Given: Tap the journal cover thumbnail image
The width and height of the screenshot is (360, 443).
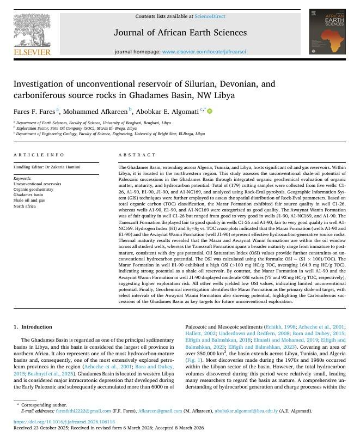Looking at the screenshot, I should (327, 31).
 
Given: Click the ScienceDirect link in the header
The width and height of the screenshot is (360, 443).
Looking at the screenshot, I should (210, 16).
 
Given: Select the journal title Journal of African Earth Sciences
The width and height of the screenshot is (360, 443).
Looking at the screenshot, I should (180, 33).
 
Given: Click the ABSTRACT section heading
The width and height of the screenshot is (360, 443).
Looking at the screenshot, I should (133, 155).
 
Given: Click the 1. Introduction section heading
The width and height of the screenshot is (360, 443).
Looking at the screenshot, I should (33, 327).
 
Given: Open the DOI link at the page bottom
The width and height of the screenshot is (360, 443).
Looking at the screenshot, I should (64, 422).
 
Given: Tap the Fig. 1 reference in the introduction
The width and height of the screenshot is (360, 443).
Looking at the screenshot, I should (193, 360).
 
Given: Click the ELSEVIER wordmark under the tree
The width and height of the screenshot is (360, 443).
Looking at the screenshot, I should (32, 52).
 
